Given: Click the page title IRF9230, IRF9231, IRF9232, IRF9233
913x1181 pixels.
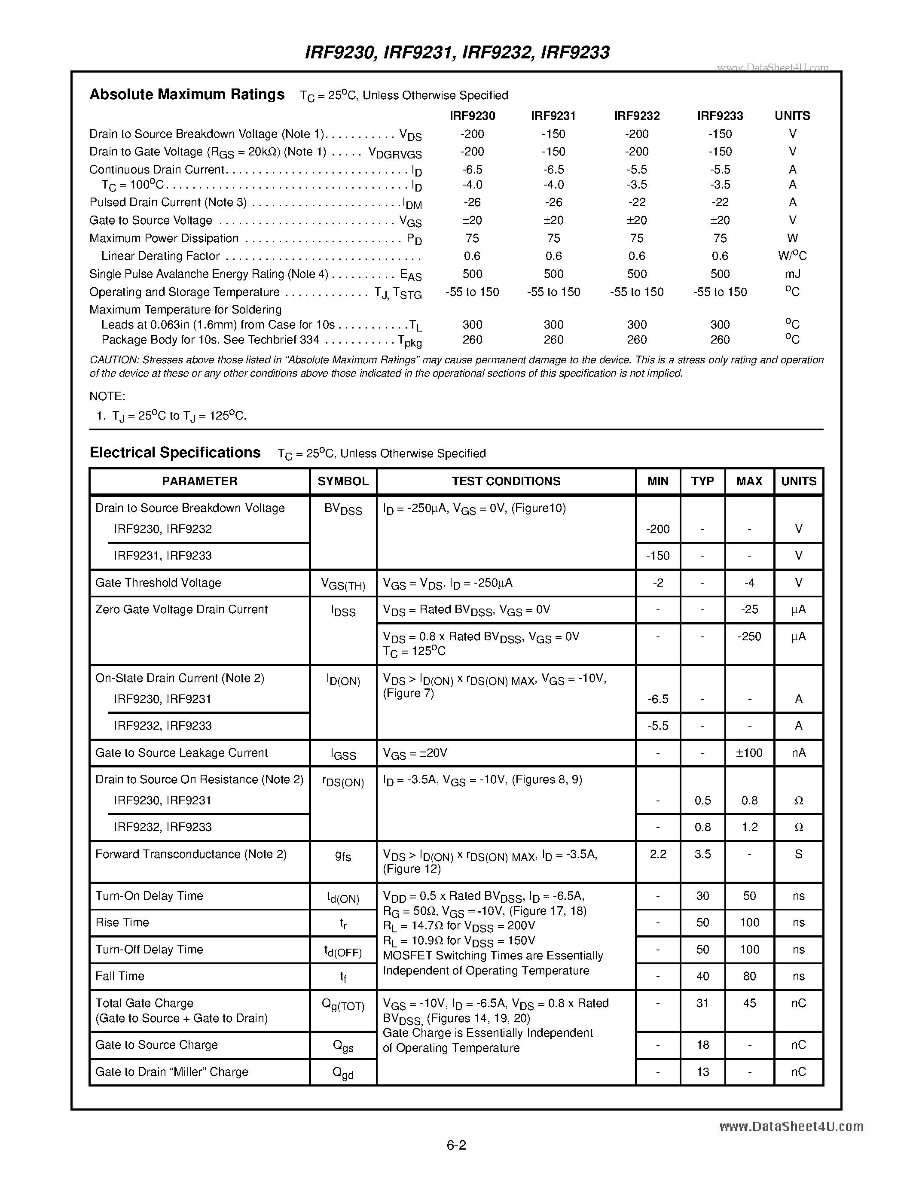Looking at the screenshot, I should coord(457,52).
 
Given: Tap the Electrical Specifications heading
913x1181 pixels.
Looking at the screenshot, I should coord(175,453).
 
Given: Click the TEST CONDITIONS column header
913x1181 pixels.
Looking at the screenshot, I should coord(506,481).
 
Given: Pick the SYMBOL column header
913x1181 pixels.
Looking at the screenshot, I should coord(343,481).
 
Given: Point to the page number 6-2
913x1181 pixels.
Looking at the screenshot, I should coord(456,1145).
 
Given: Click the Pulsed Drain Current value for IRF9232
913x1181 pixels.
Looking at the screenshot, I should coord(637,202).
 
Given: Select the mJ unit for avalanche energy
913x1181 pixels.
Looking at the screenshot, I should coord(792,274).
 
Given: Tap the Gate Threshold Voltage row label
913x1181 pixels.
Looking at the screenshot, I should coord(158,583).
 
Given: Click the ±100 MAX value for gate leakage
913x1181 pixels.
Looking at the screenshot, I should coord(749,753).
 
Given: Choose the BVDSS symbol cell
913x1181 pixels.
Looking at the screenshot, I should coord(343,509).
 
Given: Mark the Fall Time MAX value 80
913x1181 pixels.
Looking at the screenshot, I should coord(749,976).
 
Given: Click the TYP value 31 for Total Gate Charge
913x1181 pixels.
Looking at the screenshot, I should coord(702,1003).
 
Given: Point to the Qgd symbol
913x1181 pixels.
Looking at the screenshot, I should coord(343,1073).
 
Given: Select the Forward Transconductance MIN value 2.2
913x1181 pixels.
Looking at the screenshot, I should coord(658,854).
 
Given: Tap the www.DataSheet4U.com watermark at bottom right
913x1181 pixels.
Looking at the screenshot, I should coord(791,1126).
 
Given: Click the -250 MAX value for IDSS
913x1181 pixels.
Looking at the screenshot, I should coord(749,636).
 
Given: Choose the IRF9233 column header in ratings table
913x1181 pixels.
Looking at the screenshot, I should coord(720,116).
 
